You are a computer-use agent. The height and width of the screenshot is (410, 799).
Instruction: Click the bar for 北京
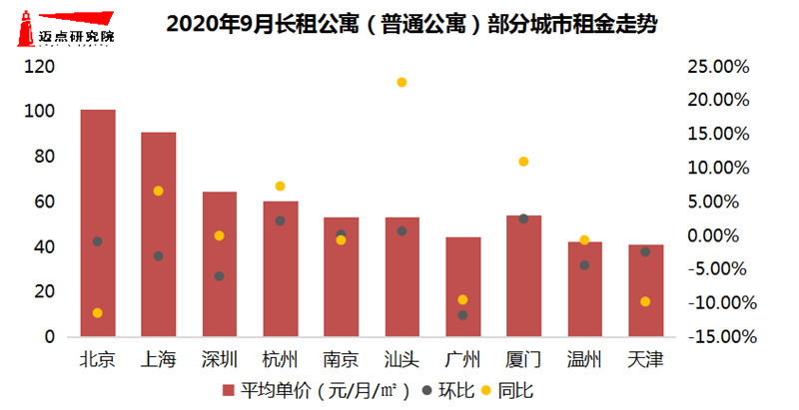98,223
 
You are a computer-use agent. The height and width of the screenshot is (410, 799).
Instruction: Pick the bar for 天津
645,290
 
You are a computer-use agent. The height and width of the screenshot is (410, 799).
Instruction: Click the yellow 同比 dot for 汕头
401,82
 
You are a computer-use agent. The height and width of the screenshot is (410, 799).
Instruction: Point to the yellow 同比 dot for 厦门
523,162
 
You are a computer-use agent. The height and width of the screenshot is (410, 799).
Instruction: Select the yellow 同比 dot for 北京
98,313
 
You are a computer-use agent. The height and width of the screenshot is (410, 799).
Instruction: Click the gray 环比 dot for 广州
462,315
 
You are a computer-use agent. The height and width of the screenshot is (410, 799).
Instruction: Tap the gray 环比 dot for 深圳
219,276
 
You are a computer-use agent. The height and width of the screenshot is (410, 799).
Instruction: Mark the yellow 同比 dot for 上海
158,191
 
